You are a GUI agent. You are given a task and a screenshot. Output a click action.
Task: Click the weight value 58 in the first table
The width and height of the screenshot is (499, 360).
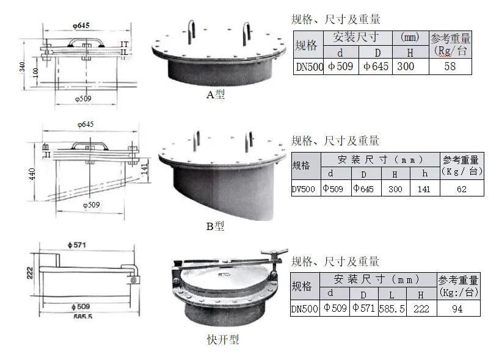point(450,67)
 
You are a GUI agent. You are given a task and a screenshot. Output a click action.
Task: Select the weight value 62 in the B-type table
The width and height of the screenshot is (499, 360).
point(461,189)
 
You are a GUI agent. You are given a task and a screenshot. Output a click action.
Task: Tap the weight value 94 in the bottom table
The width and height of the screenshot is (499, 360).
point(457,309)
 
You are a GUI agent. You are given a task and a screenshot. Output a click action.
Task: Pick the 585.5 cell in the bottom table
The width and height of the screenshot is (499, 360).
point(392,309)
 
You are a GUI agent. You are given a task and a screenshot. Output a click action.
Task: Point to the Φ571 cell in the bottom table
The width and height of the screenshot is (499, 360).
point(363,309)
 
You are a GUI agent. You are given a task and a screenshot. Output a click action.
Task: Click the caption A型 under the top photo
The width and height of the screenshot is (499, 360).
point(216,95)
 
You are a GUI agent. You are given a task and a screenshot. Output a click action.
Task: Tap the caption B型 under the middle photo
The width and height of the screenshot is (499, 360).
point(214,226)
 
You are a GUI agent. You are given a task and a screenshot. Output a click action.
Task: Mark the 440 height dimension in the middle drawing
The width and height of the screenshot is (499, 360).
point(32,173)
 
